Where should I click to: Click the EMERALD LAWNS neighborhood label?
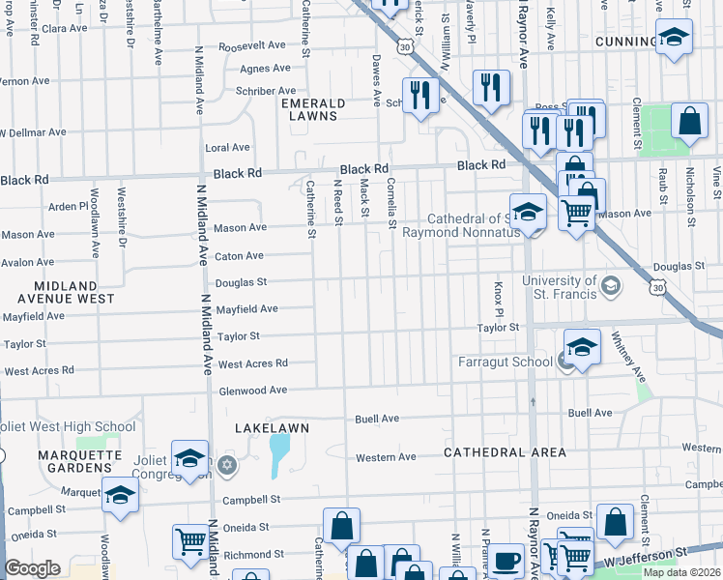[x=309, y=109]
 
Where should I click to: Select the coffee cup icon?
[x=506, y=561]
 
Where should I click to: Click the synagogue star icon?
[x=227, y=466]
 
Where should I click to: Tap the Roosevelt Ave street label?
[x=252, y=45]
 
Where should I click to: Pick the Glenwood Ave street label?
[x=252, y=390]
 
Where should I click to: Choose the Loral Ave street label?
[x=227, y=148]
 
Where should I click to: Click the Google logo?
[x=32, y=568]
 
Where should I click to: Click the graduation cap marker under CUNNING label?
[x=674, y=39]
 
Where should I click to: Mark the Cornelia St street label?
[x=391, y=203]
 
